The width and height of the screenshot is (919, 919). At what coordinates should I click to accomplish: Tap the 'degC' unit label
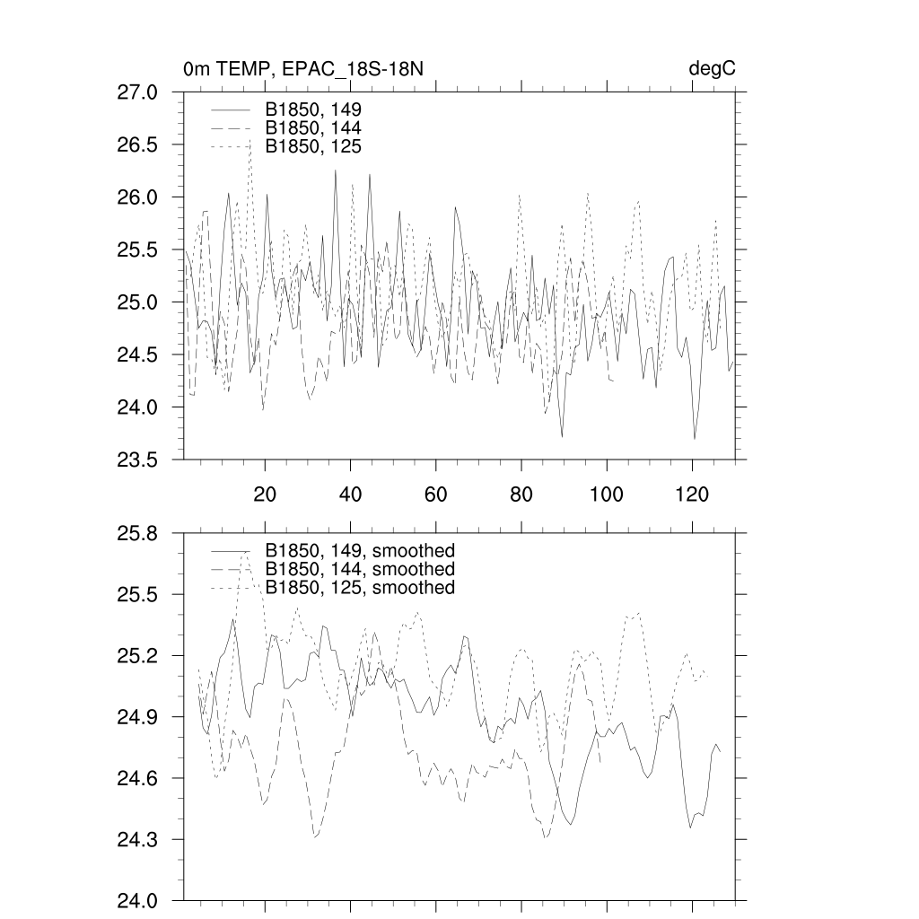(713, 69)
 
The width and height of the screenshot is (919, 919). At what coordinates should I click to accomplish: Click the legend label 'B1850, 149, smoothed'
(360, 550)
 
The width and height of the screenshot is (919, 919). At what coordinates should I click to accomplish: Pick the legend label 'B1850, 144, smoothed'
(360, 569)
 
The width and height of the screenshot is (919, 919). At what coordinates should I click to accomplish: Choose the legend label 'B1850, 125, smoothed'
(360, 588)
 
